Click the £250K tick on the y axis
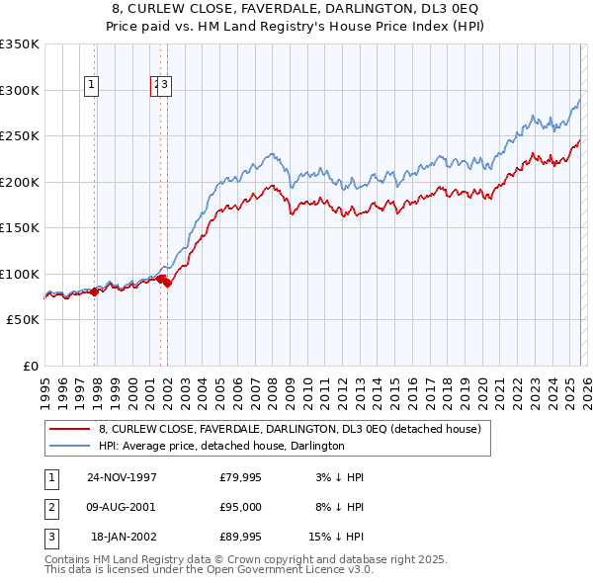click(19, 136)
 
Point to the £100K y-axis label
click(19, 274)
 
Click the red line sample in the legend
click(69, 429)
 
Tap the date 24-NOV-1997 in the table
click(122, 476)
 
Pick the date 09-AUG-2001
click(122, 507)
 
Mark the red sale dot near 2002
click(167, 283)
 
